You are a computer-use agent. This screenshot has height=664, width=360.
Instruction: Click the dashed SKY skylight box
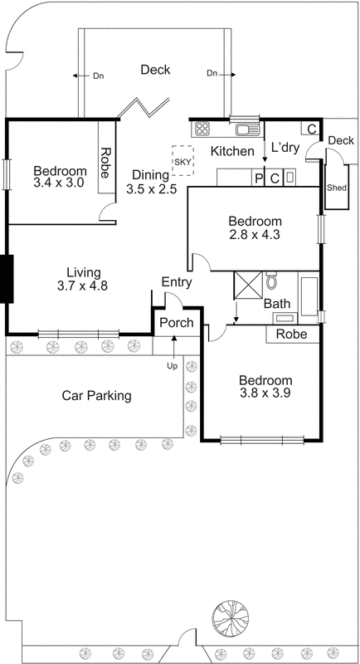click(x=182, y=160)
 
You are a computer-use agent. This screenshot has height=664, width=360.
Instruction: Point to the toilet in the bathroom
click(x=272, y=282)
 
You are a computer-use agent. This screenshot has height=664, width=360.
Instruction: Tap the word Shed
click(x=336, y=188)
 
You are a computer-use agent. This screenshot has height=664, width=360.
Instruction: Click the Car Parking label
click(x=97, y=396)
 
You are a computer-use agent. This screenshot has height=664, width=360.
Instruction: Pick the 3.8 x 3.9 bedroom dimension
click(x=265, y=393)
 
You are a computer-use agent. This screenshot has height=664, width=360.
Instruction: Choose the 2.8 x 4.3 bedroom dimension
click(x=255, y=236)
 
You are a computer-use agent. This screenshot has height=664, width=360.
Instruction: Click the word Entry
click(x=177, y=282)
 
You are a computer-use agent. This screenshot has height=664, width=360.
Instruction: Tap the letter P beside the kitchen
click(x=258, y=178)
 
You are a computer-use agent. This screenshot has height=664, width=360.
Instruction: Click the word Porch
click(x=176, y=322)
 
